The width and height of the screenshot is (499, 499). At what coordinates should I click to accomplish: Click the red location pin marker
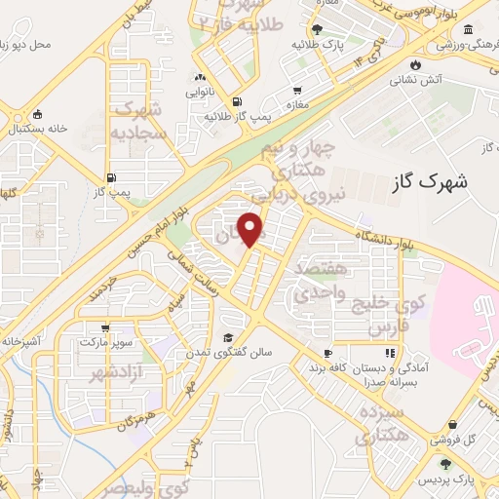252,229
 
